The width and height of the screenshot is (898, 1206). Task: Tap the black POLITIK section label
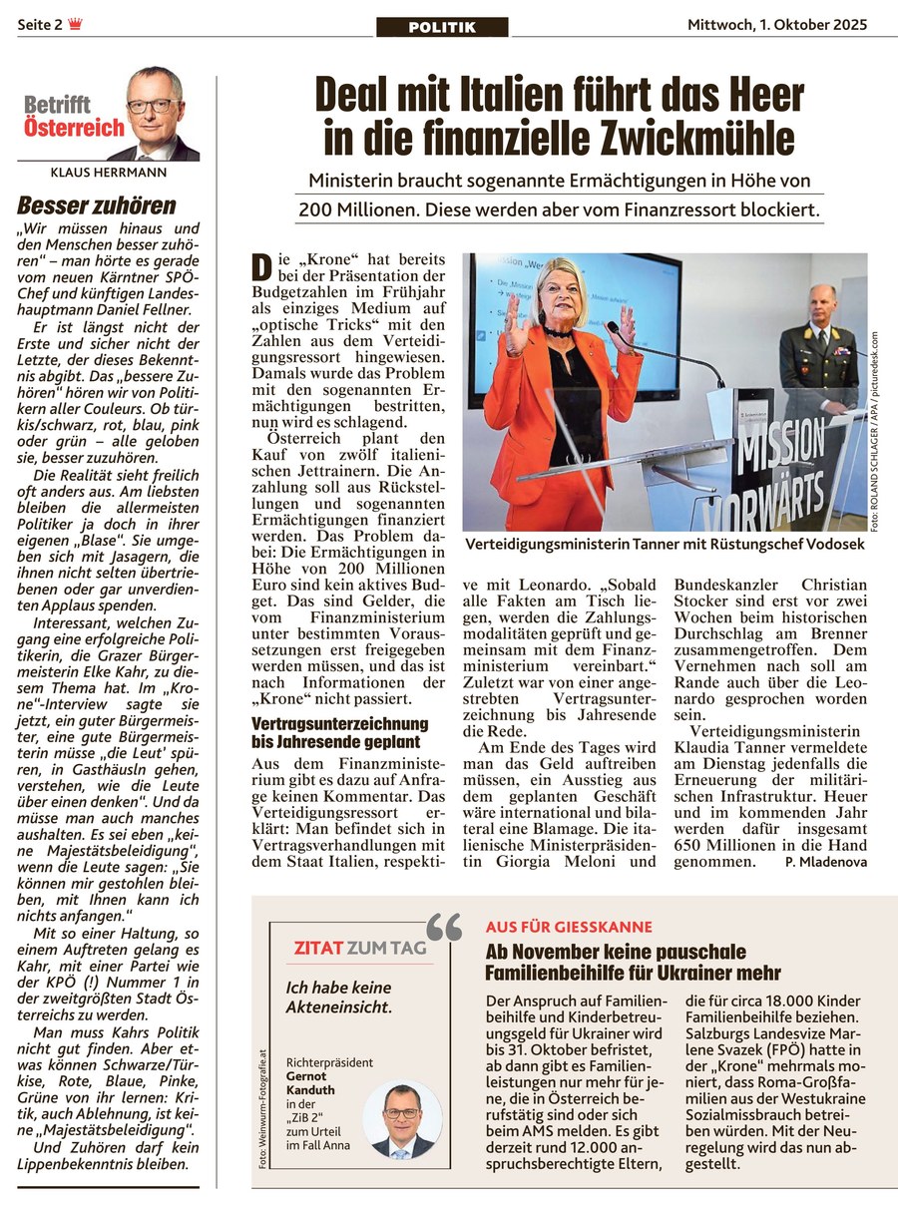tap(441, 27)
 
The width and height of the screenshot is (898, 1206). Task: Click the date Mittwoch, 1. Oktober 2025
tap(777, 25)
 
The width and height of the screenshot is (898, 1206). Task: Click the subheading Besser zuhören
tap(97, 206)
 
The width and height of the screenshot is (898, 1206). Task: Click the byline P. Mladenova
tap(825, 861)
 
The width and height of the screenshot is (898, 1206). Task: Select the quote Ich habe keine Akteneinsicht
tap(338, 997)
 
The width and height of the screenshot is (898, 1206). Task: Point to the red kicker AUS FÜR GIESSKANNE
tap(569, 928)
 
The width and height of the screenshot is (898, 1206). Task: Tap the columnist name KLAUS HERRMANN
tap(108, 172)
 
